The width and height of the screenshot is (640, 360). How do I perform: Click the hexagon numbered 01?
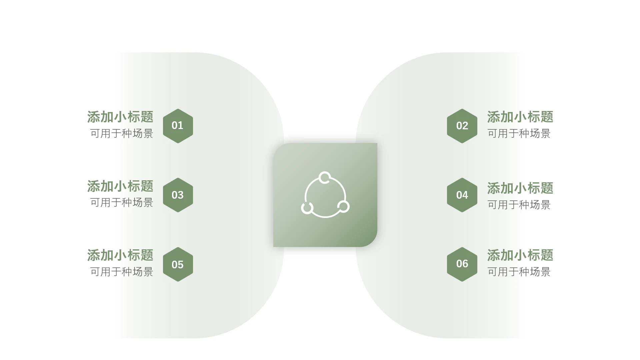[x=178, y=126]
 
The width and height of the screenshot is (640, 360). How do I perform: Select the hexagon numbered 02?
[x=462, y=126]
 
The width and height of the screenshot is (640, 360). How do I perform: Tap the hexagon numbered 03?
[x=178, y=195]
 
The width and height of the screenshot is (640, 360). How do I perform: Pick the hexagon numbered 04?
[x=462, y=195]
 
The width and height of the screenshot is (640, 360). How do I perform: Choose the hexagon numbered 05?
[x=178, y=264]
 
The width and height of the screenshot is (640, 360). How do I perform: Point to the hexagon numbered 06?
[x=462, y=264]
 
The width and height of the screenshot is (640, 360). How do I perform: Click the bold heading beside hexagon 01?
[x=120, y=117]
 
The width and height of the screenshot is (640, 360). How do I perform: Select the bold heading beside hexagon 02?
[x=520, y=117]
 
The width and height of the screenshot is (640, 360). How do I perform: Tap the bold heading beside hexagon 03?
[x=120, y=186]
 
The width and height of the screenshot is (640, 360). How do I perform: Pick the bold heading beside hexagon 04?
[x=520, y=188]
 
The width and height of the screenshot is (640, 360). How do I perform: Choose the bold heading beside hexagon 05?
[x=120, y=255]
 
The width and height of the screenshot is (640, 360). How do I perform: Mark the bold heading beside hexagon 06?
[x=520, y=255]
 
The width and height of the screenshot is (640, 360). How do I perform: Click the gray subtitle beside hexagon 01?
[x=122, y=134]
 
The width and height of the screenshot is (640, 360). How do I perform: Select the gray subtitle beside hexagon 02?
[x=519, y=134]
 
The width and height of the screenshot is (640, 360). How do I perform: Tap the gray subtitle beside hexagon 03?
[x=122, y=203]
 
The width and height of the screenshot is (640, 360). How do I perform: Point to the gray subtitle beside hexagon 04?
[x=519, y=205]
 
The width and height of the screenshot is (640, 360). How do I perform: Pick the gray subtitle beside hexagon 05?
[x=122, y=272]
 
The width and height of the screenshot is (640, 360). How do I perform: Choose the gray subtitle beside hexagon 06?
[x=519, y=272]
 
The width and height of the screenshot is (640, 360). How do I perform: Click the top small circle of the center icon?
[x=325, y=172]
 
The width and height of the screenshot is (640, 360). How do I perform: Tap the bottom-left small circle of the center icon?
[x=302, y=208]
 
